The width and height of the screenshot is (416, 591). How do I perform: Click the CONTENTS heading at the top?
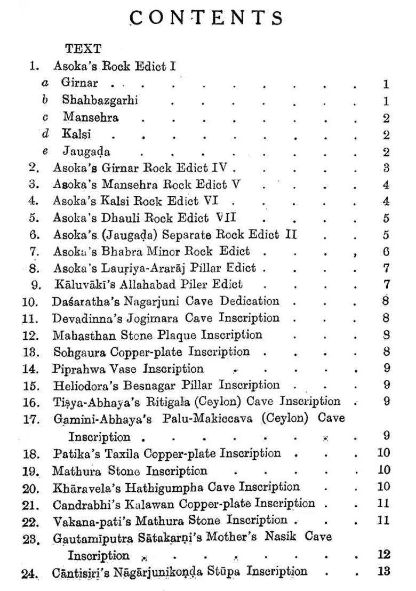coord(207,19)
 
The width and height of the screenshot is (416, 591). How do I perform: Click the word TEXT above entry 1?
coord(83,49)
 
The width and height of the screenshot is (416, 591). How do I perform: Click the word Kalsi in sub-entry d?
coord(76,134)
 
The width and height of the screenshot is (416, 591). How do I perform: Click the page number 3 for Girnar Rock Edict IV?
coord(386,168)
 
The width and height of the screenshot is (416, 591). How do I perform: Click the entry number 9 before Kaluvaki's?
coord(36,285)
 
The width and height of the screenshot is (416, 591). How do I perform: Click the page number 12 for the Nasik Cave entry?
coord(384,554)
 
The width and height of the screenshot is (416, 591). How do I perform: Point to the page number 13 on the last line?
coord(384,571)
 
